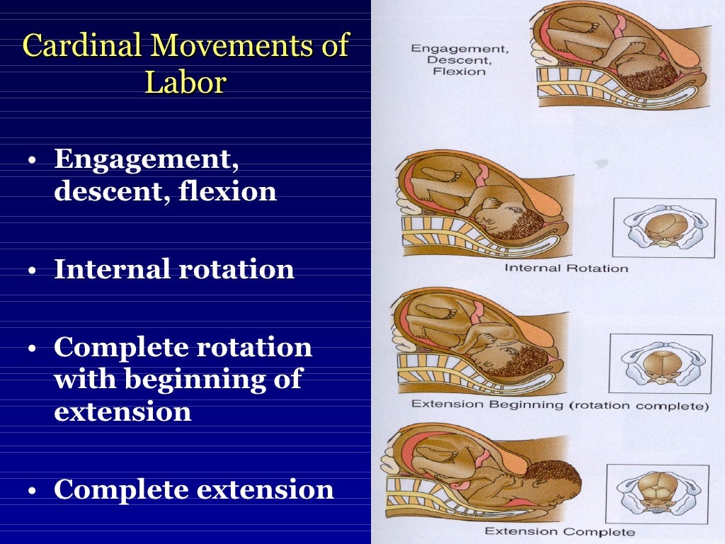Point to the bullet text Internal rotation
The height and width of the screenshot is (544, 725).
tap(174, 269)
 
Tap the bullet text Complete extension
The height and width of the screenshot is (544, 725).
tap(193, 489)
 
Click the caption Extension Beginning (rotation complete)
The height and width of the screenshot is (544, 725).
tap(559, 406)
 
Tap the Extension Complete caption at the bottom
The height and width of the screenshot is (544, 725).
tap(559, 531)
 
